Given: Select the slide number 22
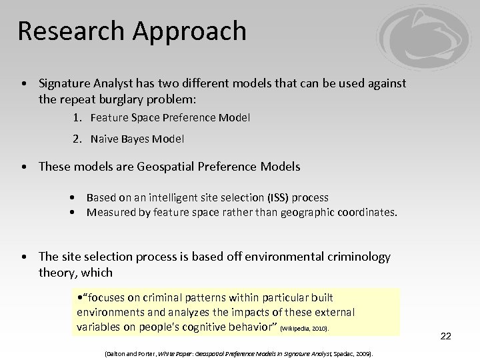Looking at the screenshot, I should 446,336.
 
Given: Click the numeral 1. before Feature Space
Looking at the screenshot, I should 78,118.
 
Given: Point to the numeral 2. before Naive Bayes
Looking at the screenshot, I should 78,139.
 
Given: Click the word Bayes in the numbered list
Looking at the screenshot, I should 135,139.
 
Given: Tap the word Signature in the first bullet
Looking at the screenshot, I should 66,83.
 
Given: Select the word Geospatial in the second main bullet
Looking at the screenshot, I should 167,167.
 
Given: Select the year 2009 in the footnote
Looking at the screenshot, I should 363,353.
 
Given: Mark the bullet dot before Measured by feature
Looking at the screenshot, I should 71,213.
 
